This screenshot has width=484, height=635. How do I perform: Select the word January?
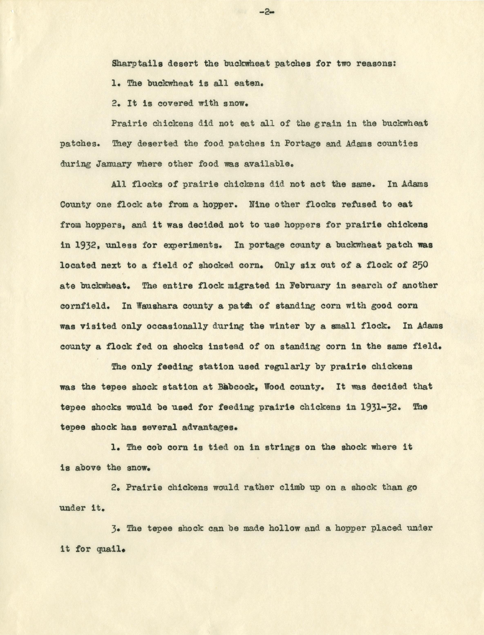pos(114,164)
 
